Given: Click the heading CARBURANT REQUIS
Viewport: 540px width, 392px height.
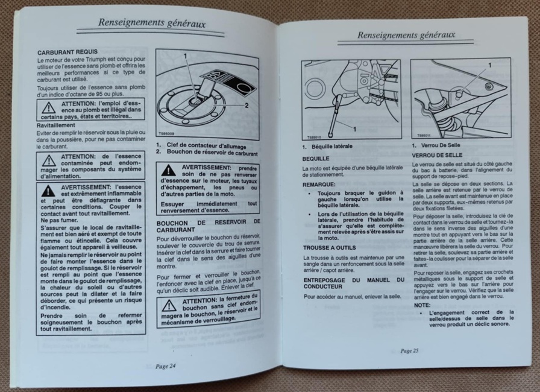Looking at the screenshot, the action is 67,52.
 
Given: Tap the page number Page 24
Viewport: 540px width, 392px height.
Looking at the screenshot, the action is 165,366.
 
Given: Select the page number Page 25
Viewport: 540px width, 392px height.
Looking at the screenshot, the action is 409,350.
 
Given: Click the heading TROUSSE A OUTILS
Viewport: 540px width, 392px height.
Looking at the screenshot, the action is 329,248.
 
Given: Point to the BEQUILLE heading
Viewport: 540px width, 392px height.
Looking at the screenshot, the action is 316,159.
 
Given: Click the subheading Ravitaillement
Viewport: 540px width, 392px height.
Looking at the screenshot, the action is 56,125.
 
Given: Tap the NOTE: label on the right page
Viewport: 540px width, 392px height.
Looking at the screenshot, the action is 422,305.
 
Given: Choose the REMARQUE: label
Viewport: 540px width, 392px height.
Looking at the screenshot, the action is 319,185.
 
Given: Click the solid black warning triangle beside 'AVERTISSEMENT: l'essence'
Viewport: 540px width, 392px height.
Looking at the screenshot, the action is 48,191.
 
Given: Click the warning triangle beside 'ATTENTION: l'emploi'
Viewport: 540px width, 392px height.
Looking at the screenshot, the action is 49,108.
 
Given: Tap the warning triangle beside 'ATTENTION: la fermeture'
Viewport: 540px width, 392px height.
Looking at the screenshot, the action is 169,305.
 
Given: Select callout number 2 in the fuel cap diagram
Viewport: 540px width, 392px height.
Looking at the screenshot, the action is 246,106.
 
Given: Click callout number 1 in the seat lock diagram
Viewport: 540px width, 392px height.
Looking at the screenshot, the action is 490,65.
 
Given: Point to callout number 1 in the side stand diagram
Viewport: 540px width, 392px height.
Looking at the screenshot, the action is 354,129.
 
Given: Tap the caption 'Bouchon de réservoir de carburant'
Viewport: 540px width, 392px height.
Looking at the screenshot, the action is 212,152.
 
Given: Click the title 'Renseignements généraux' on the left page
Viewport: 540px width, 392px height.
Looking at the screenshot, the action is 152,23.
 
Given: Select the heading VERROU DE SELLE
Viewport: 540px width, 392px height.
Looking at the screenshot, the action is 437,156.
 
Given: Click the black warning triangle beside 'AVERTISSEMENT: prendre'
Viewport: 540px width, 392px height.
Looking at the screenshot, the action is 169,170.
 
